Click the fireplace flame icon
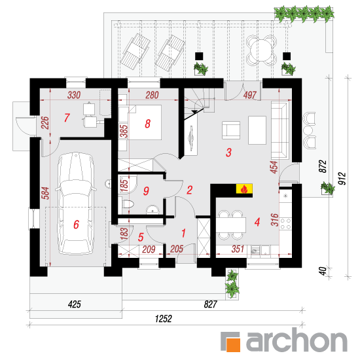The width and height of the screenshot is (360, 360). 244,189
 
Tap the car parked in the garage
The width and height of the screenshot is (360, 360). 76,203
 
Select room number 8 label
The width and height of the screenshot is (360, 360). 148,124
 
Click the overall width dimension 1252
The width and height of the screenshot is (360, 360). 163,319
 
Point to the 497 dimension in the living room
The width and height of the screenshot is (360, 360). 250,95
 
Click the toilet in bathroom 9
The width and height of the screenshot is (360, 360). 128,204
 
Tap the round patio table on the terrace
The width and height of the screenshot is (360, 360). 261,50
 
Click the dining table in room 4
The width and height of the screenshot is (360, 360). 231,225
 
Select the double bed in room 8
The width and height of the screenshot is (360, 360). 145,122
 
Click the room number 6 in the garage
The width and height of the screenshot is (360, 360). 76,225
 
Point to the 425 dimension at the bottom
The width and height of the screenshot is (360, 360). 75,304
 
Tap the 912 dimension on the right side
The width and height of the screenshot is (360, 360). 342,179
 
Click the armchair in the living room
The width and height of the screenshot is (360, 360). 231,130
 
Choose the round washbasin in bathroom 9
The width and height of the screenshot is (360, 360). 153,209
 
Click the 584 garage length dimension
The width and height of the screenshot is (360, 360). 45,193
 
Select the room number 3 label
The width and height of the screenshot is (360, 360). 228,153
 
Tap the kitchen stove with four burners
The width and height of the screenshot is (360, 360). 285,224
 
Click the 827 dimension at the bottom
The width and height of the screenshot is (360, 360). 210,304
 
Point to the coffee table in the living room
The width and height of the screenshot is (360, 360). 257,130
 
